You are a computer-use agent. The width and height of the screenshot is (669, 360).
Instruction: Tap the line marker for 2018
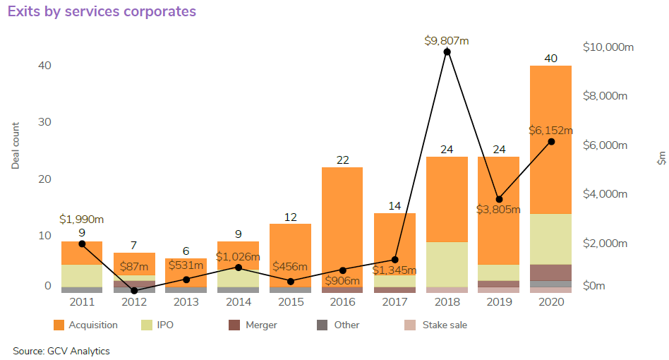click(x=447, y=52)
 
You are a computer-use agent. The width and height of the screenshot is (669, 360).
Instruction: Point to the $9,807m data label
click(x=447, y=41)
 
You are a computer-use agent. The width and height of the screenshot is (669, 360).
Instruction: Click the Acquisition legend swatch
click(x=60, y=325)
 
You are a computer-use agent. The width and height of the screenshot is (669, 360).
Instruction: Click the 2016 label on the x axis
click(x=343, y=301)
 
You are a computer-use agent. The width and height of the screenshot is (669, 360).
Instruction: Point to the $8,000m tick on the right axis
click(x=605, y=96)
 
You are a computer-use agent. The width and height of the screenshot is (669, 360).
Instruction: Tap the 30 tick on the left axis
click(x=44, y=122)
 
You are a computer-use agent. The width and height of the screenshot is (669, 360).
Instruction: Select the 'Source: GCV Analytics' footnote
click(x=61, y=351)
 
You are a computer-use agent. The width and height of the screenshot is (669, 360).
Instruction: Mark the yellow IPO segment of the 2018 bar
click(x=447, y=264)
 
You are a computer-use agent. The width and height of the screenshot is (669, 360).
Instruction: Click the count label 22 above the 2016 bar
click(x=343, y=160)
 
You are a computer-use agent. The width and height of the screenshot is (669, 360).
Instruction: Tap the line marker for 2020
click(x=551, y=142)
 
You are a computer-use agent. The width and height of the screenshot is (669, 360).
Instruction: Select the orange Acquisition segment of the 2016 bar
click(x=343, y=226)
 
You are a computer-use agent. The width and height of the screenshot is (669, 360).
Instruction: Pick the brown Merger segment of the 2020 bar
click(x=550, y=272)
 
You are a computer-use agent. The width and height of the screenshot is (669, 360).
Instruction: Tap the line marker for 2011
click(x=82, y=244)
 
